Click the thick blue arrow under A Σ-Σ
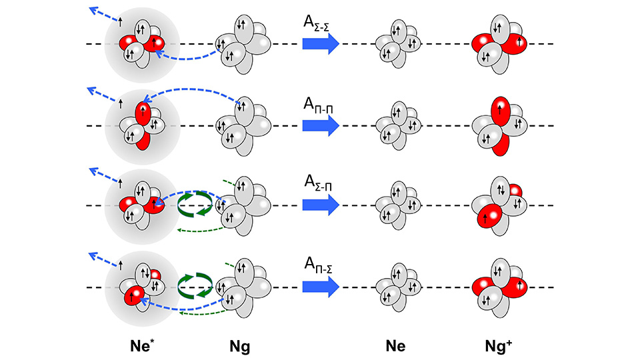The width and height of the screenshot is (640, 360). pyautogui.click(x=321, y=43)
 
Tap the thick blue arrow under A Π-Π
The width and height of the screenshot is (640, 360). pyautogui.click(x=321, y=125)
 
